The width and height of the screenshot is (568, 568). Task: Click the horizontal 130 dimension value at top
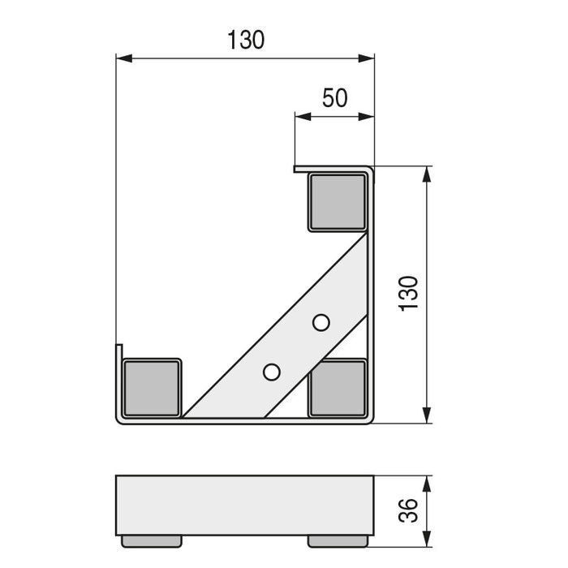246,40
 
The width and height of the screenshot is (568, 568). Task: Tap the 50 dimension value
334,98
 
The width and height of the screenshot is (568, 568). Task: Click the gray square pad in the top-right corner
337,202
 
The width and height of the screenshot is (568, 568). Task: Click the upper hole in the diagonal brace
321,323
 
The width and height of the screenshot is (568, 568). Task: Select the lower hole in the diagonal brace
272,372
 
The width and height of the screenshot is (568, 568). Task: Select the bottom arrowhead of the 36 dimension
426,537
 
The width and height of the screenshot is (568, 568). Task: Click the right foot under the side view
337,538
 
